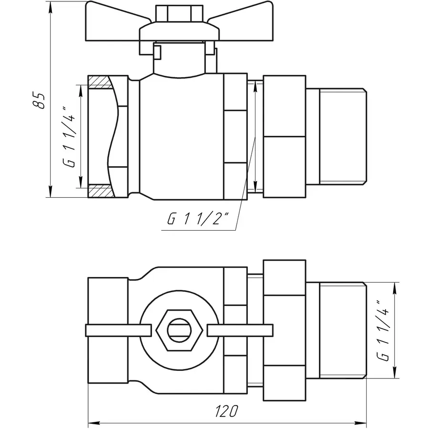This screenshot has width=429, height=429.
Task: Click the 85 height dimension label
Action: click(x=41, y=100)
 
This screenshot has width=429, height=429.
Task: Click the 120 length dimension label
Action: click(x=227, y=411)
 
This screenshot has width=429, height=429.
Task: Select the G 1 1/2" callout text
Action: click(x=198, y=219)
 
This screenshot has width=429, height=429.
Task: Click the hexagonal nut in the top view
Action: click(x=179, y=329)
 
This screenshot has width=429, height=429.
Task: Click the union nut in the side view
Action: click(x=284, y=136)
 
